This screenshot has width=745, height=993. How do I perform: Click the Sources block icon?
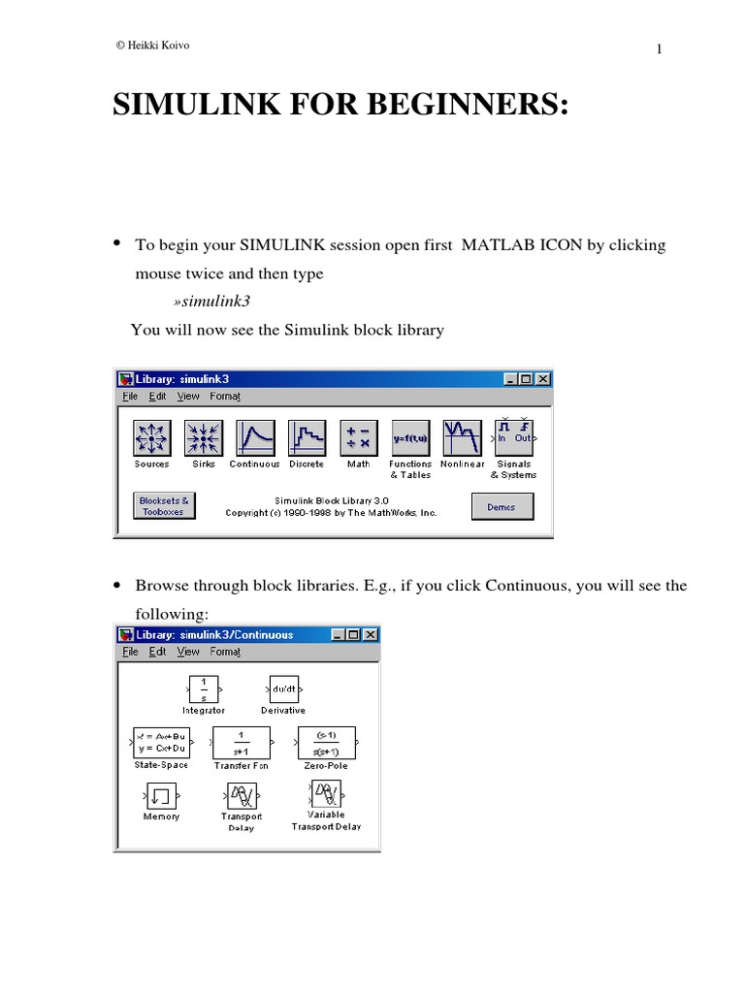151,438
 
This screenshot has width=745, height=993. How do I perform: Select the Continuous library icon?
254,438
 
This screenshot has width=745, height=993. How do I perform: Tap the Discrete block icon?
307,438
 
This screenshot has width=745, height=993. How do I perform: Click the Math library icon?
359,438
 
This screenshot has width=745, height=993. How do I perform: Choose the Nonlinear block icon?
462,438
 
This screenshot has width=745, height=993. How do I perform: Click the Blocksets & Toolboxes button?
163,506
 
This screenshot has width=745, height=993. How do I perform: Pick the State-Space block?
161,743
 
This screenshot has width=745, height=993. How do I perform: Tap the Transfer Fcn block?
241,743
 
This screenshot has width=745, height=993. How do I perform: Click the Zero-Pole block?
326,743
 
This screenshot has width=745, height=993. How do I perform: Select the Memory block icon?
161,796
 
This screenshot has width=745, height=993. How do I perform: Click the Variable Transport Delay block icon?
326,795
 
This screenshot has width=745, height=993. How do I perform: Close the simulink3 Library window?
543,379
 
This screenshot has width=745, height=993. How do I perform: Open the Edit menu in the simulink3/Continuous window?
157,653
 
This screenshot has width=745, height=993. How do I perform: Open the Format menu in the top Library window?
225,396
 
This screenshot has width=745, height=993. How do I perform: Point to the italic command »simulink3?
206,302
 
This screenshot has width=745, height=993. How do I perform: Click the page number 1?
659,50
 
